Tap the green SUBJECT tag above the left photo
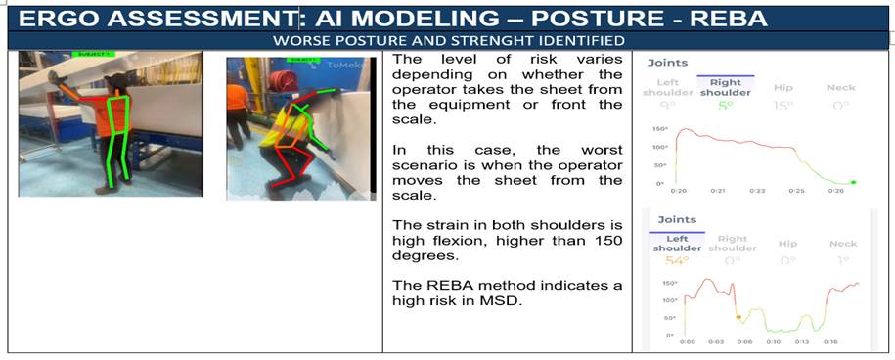(94, 55)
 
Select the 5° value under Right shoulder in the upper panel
(725, 105)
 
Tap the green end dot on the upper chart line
(854, 182)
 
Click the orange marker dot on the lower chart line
(738, 317)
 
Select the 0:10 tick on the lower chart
(774, 342)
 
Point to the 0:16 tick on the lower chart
(829, 342)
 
